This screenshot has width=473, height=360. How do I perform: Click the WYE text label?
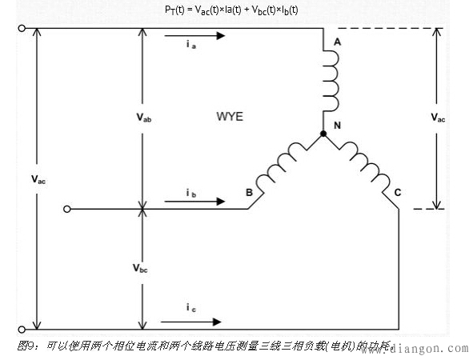tap(229, 117)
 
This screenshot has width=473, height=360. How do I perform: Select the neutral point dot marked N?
tap(323, 134)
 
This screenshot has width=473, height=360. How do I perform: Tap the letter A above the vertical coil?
tap(337, 42)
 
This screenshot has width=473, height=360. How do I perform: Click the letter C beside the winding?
tap(397, 192)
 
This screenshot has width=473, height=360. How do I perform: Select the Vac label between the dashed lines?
tap(439, 118)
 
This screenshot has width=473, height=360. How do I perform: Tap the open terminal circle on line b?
tap(69, 210)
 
